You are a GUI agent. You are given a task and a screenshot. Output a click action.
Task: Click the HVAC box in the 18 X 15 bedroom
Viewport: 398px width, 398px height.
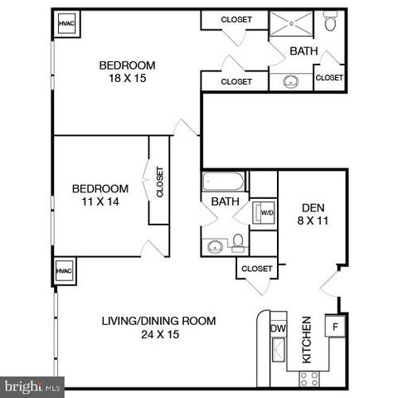pyautogui.click(x=66, y=25)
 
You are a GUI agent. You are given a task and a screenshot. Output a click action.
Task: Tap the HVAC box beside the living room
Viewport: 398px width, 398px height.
pyautogui.click(x=65, y=271)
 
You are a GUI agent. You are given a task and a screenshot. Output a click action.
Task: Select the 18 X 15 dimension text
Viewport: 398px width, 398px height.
pyautogui.click(x=127, y=80)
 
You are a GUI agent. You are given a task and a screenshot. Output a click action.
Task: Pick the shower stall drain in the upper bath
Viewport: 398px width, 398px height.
pyautogui.click(x=292, y=27)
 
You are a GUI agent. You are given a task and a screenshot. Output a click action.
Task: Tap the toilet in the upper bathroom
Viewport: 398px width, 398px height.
pyautogui.click(x=330, y=22)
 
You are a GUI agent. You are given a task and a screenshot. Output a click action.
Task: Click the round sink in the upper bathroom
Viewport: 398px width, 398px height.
pyautogui.click(x=292, y=81)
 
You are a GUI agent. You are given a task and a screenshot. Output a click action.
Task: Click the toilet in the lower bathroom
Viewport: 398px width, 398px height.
pyautogui.click(x=238, y=242)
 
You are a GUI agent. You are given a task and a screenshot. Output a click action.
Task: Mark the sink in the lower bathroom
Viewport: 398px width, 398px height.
pyautogui.click(x=216, y=245)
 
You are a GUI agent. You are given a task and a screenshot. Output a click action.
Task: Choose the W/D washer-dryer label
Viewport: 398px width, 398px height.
pyautogui.click(x=266, y=212)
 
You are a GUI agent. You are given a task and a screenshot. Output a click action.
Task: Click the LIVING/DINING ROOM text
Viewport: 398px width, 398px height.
pyautogui.click(x=158, y=321)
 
